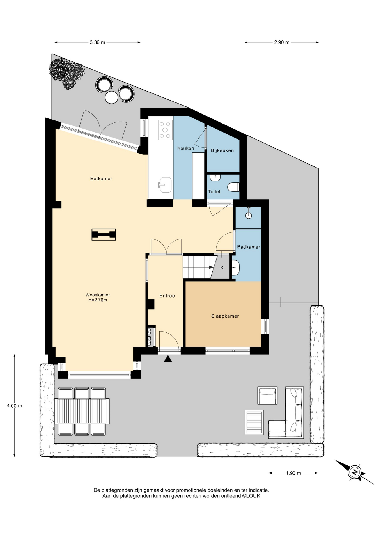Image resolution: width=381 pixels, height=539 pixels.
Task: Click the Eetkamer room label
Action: (x=101, y=179)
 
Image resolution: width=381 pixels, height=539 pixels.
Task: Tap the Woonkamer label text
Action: (x=98, y=295)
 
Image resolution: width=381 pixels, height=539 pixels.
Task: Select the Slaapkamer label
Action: (x=225, y=316)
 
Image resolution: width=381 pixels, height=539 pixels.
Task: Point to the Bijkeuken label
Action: (x=222, y=150)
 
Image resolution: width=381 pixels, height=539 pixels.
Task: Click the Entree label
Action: (x=167, y=296)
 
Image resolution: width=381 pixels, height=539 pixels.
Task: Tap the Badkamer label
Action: (x=249, y=247)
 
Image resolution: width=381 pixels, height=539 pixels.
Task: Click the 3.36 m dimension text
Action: (x=97, y=42)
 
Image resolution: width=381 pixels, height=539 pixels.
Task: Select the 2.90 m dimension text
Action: (x=282, y=42)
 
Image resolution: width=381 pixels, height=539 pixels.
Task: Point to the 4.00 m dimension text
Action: (x=15, y=406)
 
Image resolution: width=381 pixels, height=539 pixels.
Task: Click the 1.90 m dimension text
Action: (x=293, y=473)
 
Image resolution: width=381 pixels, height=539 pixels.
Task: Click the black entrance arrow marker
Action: (x=168, y=359)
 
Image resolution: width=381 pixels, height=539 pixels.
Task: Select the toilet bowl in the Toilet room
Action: (x=233, y=187)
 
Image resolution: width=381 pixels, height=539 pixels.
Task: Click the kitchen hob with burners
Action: (x=165, y=130)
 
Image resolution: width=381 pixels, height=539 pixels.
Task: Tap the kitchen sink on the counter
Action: (x=165, y=185)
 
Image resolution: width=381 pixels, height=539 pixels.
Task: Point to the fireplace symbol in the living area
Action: (x=104, y=234)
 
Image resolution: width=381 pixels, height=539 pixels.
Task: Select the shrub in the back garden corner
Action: (x=67, y=73)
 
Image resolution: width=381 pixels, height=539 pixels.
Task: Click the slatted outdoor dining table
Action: (x=82, y=411)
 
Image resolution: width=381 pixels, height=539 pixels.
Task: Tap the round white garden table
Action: (x=111, y=97)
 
